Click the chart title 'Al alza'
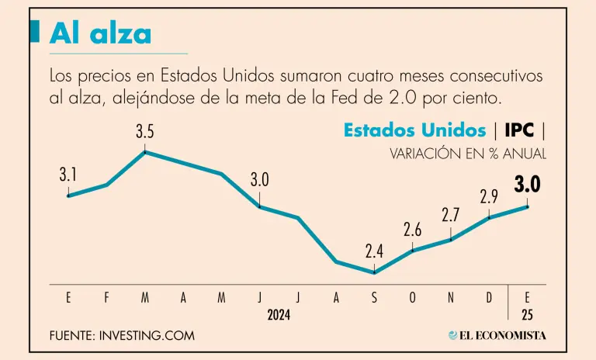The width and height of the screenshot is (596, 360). click(x=100, y=33)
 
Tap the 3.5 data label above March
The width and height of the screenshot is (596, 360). click(x=144, y=132)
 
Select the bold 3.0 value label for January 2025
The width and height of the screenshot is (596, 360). click(x=527, y=185)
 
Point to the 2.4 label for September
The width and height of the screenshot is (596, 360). click(x=375, y=251)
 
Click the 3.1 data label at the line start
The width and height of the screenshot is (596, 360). click(x=68, y=175)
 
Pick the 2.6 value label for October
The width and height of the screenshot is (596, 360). click(x=413, y=230)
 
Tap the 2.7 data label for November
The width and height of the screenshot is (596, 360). click(x=451, y=216)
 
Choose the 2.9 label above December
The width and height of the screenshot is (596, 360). click(x=489, y=197)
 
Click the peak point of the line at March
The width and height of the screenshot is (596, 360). click(x=145, y=152)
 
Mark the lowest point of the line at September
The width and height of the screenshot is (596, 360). click(x=375, y=272)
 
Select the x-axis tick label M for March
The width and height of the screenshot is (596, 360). click(x=145, y=298)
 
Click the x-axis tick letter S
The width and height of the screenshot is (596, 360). click(x=375, y=298)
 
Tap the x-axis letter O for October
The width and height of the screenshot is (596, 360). click(x=413, y=298)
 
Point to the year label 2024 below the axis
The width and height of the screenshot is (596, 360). click(x=279, y=316)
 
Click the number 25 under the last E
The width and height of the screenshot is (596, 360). click(x=528, y=316)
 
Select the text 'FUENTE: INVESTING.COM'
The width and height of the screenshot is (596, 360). click(x=121, y=336)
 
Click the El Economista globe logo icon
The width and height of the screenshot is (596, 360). click(x=453, y=335)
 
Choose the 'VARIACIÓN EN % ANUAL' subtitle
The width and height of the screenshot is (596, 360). click(x=468, y=154)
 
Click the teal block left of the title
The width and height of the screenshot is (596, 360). click(x=34, y=31)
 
